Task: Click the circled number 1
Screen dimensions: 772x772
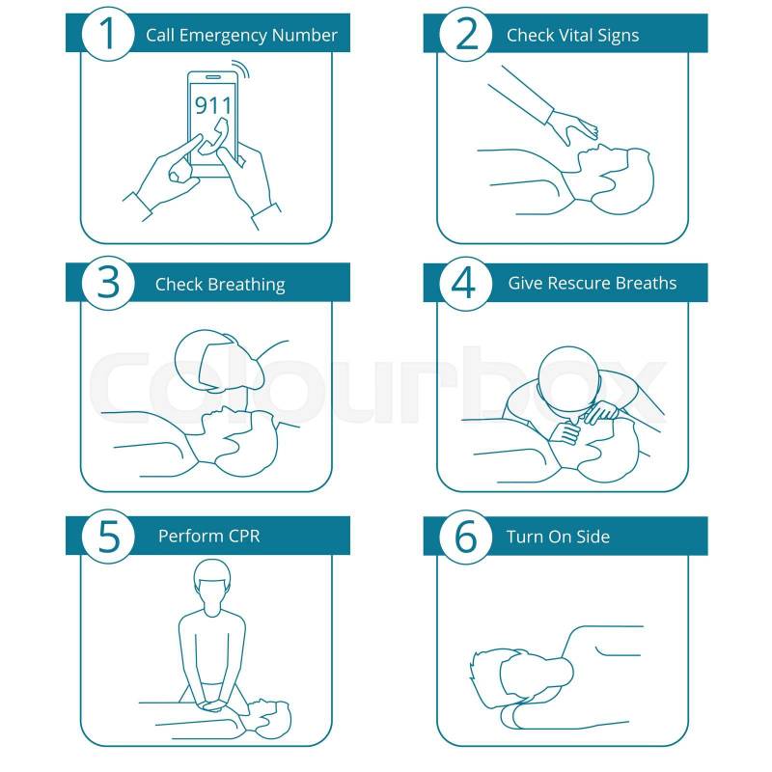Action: click(x=108, y=34)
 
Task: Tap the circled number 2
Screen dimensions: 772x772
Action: click(x=465, y=34)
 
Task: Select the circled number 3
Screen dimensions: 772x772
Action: click(x=108, y=283)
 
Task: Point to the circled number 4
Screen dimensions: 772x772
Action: click(x=465, y=283)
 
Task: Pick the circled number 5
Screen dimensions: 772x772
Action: click(x=108, y=537)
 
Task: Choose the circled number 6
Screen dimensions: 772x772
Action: click(x=465, y=537)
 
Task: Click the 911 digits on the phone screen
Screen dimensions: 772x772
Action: click(x=212, y=105)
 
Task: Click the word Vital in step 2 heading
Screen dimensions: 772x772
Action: click(x=575, y=35)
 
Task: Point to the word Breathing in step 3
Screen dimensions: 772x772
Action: click(x=248, y=285)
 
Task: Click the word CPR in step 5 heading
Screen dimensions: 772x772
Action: click(x=243, y=536)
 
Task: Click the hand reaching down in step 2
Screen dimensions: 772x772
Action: click(x=573, y=126)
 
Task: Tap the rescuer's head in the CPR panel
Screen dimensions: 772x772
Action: click(x=211, y=587)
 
